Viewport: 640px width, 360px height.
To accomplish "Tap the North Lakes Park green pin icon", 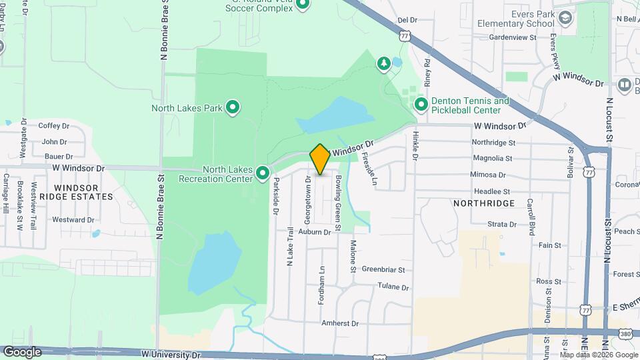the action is pos(233,107).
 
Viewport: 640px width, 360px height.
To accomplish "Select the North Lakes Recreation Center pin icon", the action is pos(263,173).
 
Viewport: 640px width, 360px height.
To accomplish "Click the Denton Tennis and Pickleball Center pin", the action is pos(421,105).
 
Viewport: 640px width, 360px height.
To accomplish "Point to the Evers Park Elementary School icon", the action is pos(565,17).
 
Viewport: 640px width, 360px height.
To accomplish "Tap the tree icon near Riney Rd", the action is pos(383,63).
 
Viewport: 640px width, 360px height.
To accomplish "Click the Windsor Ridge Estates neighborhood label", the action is pos(77,192).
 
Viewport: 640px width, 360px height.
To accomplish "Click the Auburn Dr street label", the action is pos(315,232).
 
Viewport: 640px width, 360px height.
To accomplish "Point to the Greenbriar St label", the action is pos(383,270).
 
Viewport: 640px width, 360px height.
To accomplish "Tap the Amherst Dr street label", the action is pos(340,323).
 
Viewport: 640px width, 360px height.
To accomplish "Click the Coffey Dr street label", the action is pos(54,125).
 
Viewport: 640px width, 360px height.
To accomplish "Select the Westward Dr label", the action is pos(73,219).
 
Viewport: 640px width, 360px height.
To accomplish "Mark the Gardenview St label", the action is pos(512,38).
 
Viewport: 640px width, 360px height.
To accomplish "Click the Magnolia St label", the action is pos(492,159).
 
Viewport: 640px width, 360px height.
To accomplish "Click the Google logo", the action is pos(22,352).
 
